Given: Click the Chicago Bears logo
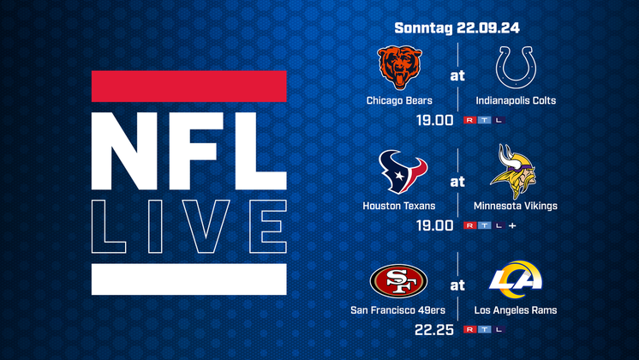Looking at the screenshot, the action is coord(399,67).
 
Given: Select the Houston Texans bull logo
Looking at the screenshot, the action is coord(403,171).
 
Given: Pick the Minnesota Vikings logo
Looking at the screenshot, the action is coord(513,171).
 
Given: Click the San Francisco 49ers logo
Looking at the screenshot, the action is coord(398,281).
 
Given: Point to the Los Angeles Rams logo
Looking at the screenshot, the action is coord(516,279).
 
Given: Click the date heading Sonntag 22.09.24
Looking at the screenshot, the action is coord(457,27).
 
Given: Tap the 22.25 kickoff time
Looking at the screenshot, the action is coord(434,330).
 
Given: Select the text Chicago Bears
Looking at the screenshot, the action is coord(399,100).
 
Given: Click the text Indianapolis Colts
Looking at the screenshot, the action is coord(516,100).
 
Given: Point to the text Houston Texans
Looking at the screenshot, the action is coord(399,206).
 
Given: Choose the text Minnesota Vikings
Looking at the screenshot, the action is coord(516,206).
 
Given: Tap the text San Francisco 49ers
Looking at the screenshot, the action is coord(397,310).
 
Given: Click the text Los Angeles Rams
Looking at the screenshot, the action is coord(516,310).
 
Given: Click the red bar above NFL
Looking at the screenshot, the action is coord(189,86).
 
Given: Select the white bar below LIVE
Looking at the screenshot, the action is coord(189,279).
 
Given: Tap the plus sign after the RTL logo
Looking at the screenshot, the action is coord(512,225).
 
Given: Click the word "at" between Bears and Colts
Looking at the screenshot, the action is coord(457,75).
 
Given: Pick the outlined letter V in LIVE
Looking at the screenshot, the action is coord(206,226).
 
